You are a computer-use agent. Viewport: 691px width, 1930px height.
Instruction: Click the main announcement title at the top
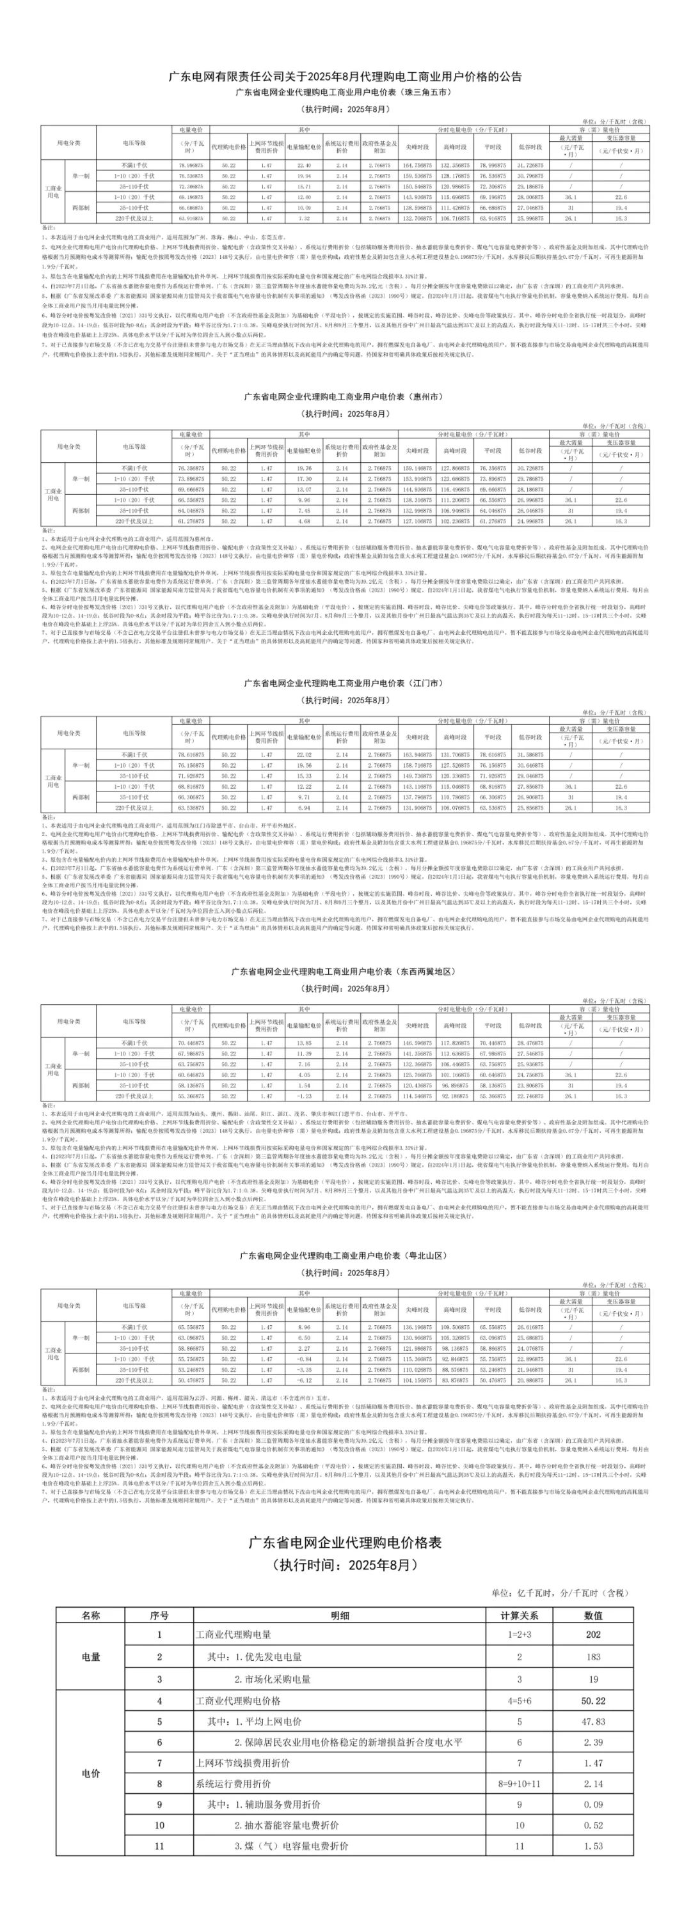345,77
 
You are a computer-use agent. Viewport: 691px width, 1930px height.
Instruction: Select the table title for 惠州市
345,396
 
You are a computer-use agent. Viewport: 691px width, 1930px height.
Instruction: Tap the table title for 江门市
345,683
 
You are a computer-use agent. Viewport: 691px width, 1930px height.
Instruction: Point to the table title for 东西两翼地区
345,972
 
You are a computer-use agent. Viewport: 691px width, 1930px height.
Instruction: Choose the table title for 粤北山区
345,1255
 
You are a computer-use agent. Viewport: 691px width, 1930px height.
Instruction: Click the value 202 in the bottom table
593,1635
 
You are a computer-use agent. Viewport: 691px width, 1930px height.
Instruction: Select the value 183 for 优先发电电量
593,1656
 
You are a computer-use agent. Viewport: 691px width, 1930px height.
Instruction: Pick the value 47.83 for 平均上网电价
593,1722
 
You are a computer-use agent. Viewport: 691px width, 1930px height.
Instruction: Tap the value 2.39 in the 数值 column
593,1743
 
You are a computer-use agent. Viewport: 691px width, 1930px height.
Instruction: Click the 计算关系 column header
520,1615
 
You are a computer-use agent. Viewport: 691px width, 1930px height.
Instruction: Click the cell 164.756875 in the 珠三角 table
417,165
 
